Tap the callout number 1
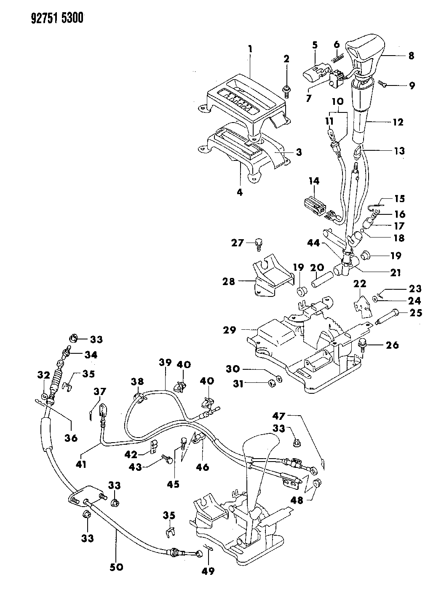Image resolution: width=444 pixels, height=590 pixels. click(x=250, y=49)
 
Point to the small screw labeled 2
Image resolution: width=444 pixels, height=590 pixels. click(x=286, y=91)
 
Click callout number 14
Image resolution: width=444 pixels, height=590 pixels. click(x=313, y=182)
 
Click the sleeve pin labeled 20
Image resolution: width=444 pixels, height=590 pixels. click(x=323, y=279)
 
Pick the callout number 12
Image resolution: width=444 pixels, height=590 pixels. click(x=398, y=122)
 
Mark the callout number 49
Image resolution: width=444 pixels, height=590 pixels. click(x=208, y=571)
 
